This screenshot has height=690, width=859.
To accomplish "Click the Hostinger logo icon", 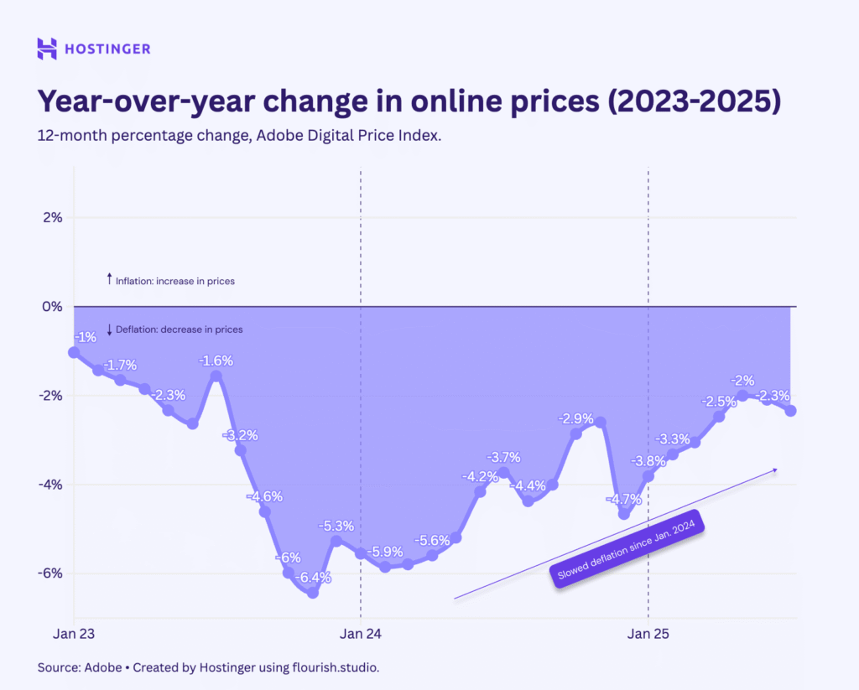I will tap(47, 49).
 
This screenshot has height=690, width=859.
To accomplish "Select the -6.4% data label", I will tap(314, 577).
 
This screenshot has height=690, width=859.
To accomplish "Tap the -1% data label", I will tap(86, 338).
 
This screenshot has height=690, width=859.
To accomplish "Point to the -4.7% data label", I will tap(623, 499).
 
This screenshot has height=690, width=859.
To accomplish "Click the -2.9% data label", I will tap(576, 418).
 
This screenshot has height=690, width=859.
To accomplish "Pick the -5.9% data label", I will tap(386, 552).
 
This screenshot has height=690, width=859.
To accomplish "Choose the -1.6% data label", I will tap(216, 361).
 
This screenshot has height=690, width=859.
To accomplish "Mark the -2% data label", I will tap(743, 380).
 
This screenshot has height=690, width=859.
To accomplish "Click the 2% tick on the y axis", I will tap(51, 218).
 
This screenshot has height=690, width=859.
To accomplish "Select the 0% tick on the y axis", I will tap(51, 307).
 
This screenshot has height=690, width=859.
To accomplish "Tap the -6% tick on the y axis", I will tap(51, 573).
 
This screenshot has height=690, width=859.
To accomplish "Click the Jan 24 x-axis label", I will tap(361, 635).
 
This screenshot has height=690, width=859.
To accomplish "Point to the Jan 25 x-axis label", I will tap(648, 635).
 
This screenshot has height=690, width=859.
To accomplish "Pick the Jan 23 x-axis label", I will tap(74, 635).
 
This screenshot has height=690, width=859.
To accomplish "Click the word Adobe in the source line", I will tap(102, 668).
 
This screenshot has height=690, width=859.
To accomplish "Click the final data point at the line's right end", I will tap(790, 410).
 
